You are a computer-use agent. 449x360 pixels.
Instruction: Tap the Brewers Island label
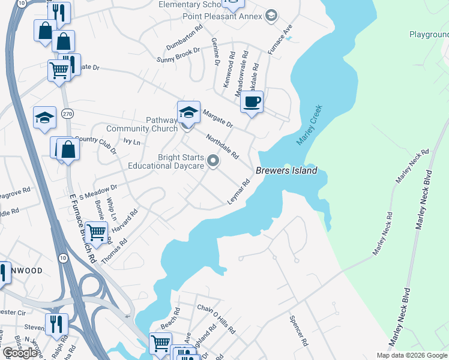tap(286, 171)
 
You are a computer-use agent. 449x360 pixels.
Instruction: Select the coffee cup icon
tap(252, 101)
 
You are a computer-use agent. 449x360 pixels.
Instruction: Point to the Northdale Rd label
tap(222, 145)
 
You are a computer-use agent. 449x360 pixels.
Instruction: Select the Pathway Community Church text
tap(142, 124)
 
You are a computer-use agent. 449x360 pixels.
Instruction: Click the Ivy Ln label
tap(131, 142)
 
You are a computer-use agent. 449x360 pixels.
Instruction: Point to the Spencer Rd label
tap(298, 331)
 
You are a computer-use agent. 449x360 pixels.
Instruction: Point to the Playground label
tap(429, 35)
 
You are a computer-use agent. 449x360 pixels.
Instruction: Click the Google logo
tap(20, 353)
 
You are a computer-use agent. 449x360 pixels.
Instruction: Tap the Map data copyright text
tap(411, 355)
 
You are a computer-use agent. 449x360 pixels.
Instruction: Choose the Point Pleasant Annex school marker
tap(271, 16)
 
